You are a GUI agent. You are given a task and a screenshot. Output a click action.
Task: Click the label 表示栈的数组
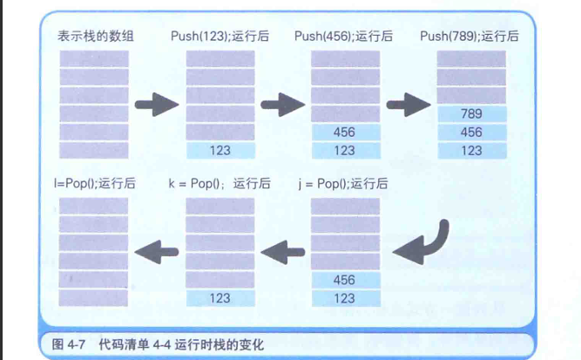coord(91,36)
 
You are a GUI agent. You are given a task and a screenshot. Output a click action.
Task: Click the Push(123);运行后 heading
coord(220,36)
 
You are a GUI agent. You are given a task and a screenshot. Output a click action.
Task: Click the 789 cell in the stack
coord(471,114)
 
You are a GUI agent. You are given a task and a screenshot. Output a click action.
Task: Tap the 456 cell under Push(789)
coord(471,132)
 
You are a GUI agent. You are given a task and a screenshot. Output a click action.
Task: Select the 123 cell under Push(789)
coord(471,150)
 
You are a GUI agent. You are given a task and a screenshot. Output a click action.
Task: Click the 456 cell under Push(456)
coord(345,132)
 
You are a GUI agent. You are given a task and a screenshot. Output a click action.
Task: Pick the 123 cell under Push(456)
coord(345,150)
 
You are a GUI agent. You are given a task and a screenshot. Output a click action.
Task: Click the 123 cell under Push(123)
coord(220,150)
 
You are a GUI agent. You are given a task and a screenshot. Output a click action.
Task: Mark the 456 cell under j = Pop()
coord(345,280)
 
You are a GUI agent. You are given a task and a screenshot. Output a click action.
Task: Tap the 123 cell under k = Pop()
coord(220,298)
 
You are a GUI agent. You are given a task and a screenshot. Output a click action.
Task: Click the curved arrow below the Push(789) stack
coord(424,243)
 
